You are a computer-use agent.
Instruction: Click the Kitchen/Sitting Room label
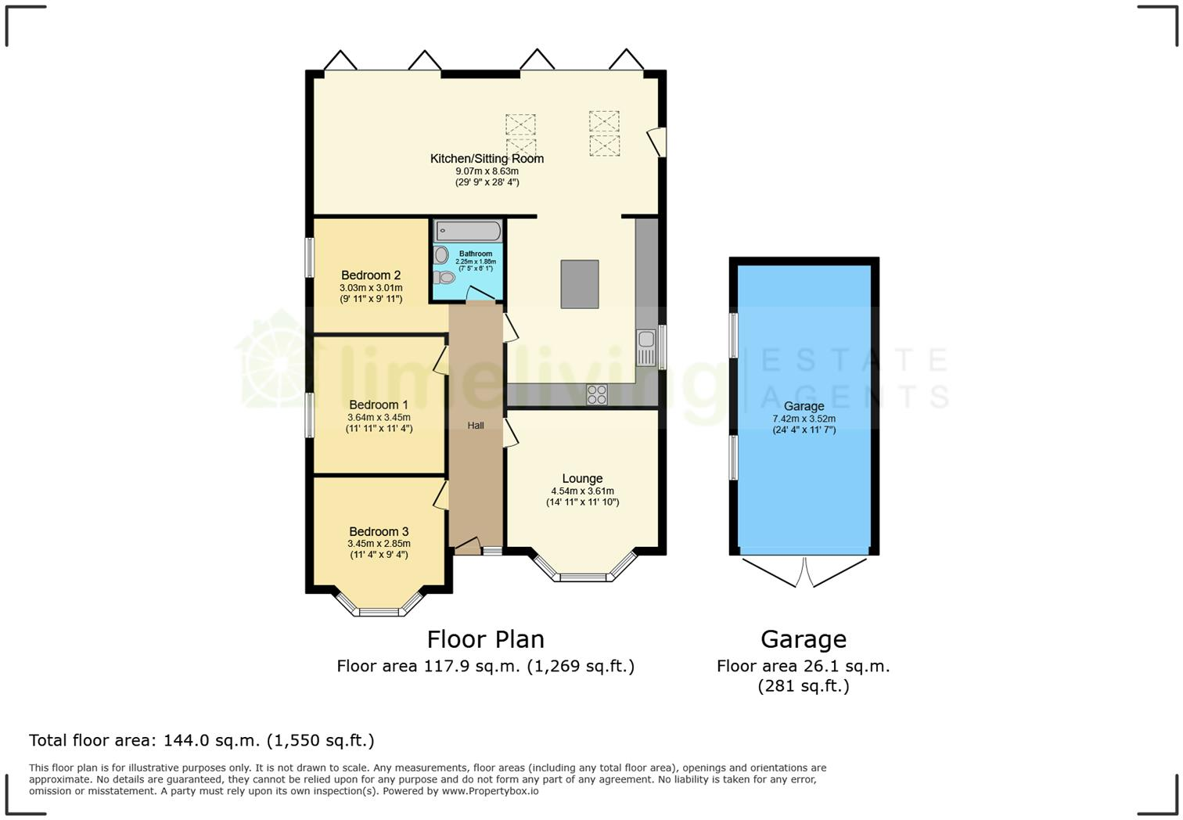point(487,159)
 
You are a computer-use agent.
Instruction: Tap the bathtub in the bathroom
point(468,231)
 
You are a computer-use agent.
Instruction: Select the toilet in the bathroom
point(444,277)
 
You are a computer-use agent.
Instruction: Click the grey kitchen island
point(579,284)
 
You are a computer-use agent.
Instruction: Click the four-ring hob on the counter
point(597,395)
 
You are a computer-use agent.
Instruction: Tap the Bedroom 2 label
point(371,275)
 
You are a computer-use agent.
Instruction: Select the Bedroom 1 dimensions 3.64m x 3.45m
point(379,418)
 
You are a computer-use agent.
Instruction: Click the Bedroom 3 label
point(379,532)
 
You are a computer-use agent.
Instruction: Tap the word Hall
point(476,426)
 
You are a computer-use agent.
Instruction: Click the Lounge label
point(582,479)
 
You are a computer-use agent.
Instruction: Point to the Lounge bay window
point(583,576)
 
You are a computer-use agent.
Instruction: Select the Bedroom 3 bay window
point(379,610)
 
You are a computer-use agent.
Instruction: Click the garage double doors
point(804,571)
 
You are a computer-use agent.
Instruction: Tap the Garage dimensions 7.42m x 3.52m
point(804,419)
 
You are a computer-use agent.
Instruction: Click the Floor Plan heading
point(485,640)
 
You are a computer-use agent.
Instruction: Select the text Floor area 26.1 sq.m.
point(804,667)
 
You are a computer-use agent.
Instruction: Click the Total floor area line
point(202,740)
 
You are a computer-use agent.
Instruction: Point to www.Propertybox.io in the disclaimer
point(490,791)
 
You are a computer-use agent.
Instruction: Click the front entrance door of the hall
point(467,547)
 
